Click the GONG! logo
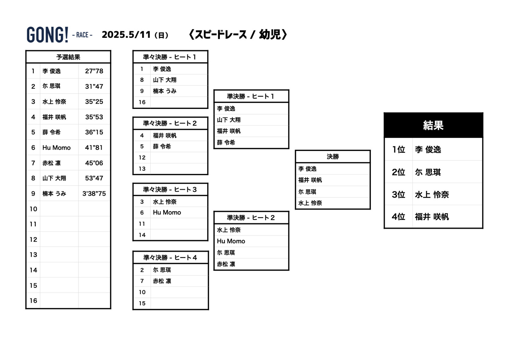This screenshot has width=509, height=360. click(47, 35)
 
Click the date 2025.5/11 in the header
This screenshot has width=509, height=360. click(126, 35)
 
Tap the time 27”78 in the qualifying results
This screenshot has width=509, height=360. click(94, 71)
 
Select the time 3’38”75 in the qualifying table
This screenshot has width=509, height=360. click(94, 194)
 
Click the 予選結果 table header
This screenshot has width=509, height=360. click(68, 57)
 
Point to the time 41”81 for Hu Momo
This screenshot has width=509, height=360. click(94, 148)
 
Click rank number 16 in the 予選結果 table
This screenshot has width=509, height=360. click(33, 301)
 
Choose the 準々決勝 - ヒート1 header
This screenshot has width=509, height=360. click(170, 57)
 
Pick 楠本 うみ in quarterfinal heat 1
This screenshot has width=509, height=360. click(165, 91)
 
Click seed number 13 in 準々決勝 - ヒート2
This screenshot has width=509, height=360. click(142, 169)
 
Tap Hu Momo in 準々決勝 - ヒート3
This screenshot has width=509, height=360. click(167, 213)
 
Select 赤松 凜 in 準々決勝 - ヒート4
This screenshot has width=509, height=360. click(162, 281)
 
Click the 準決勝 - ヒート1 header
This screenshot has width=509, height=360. click(251, 96)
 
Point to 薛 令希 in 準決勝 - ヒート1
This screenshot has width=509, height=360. click(226, 143)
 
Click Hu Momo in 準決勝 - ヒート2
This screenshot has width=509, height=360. click(231, 241)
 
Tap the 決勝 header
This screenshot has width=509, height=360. click(333, 157)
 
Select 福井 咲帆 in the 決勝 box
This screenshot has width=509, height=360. click(310, 180)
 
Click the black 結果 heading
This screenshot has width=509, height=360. click(433, 125)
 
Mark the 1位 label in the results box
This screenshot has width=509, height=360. click(398, 150)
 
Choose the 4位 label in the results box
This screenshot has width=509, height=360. click(398, 217)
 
